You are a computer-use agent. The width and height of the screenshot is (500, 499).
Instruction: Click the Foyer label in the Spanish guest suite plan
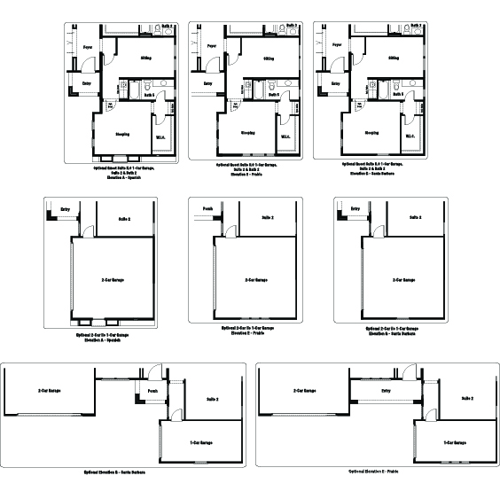[x=88, y=46]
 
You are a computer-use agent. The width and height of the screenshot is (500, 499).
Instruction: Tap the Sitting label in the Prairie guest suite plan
[x=268, y=58]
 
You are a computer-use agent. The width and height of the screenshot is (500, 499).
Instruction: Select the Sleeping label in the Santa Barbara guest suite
[x=371, y=133]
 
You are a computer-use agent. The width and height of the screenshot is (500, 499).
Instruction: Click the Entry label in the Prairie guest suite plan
[x=207, y=84]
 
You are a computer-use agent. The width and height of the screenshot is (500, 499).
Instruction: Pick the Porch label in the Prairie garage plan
[x=207, y=210]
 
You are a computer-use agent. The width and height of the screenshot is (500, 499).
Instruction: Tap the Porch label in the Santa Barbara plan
[x=152, y=389]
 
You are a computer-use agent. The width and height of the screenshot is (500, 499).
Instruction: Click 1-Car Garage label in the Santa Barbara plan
[x=202, y=441]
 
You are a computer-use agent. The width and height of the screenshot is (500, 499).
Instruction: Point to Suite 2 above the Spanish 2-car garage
[x=124, y=217]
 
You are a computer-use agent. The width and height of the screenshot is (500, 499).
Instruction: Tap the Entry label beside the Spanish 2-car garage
[x=66, y=210]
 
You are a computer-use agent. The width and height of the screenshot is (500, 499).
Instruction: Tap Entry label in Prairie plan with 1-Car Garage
[x=386, y=389]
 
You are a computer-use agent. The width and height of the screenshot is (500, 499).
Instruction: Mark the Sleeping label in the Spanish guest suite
[x=123, y=134]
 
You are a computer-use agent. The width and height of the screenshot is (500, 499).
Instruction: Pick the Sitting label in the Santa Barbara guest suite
[x=393, y=58]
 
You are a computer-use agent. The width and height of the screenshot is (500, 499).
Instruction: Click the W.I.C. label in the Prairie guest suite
[x=286, y=136]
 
